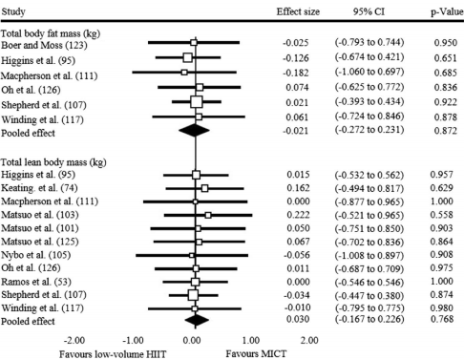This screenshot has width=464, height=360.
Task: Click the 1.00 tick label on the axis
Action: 250,339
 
